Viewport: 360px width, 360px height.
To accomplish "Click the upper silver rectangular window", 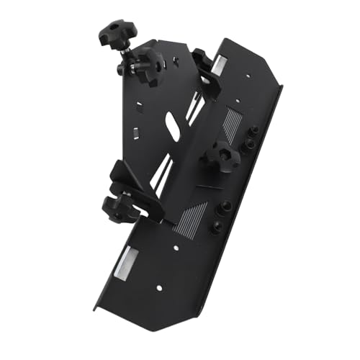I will pyautogui.click(x=220, y=65).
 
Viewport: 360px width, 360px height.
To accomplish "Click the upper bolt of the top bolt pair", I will pyautogui.click(x=254, y=132).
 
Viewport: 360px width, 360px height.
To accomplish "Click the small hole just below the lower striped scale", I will pyautogui.click(x=176, y=248).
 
